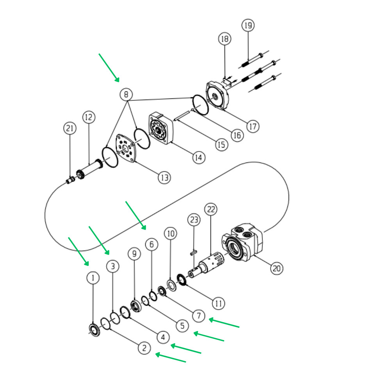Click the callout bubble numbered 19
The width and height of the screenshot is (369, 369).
tap(248, 26)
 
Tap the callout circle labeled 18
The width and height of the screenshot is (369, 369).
tap(225, 39)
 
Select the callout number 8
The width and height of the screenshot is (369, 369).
tap(126, 94)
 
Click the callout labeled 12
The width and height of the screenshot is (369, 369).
tap(89, 117)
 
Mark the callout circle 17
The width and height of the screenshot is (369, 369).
tap(253, 126)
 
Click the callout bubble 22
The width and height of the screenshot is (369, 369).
tap(211, 210)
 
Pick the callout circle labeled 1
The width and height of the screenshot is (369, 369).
tap(93, 278)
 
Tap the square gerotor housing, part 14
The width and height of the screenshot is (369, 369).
tap(161, 129)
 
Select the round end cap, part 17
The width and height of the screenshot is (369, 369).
tap(217, 96)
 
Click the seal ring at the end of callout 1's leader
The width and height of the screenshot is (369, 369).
tap(95, 329)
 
